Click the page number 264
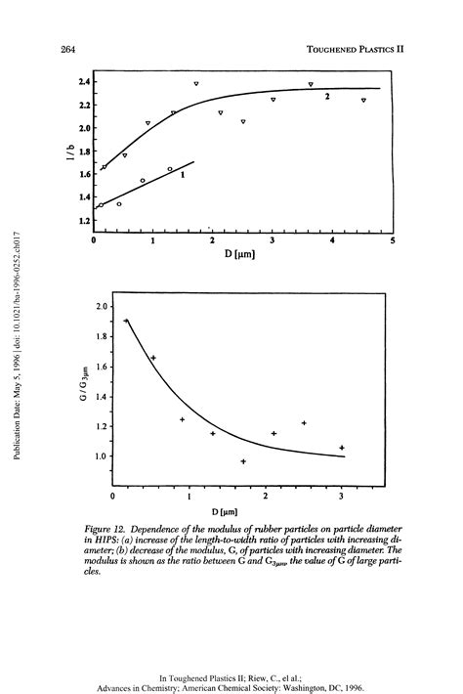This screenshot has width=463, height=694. [x=68, y=48]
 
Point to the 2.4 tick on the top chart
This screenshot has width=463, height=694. [x=85, y=81]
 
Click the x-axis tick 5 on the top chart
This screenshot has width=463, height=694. [x=392, y=240]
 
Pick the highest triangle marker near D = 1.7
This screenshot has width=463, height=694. [x=196, y=84]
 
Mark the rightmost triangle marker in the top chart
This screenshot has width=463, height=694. [x=363, y=100]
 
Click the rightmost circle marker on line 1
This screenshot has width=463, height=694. [x=170, y=169]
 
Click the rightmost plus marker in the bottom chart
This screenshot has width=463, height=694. [x=342, y=448]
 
